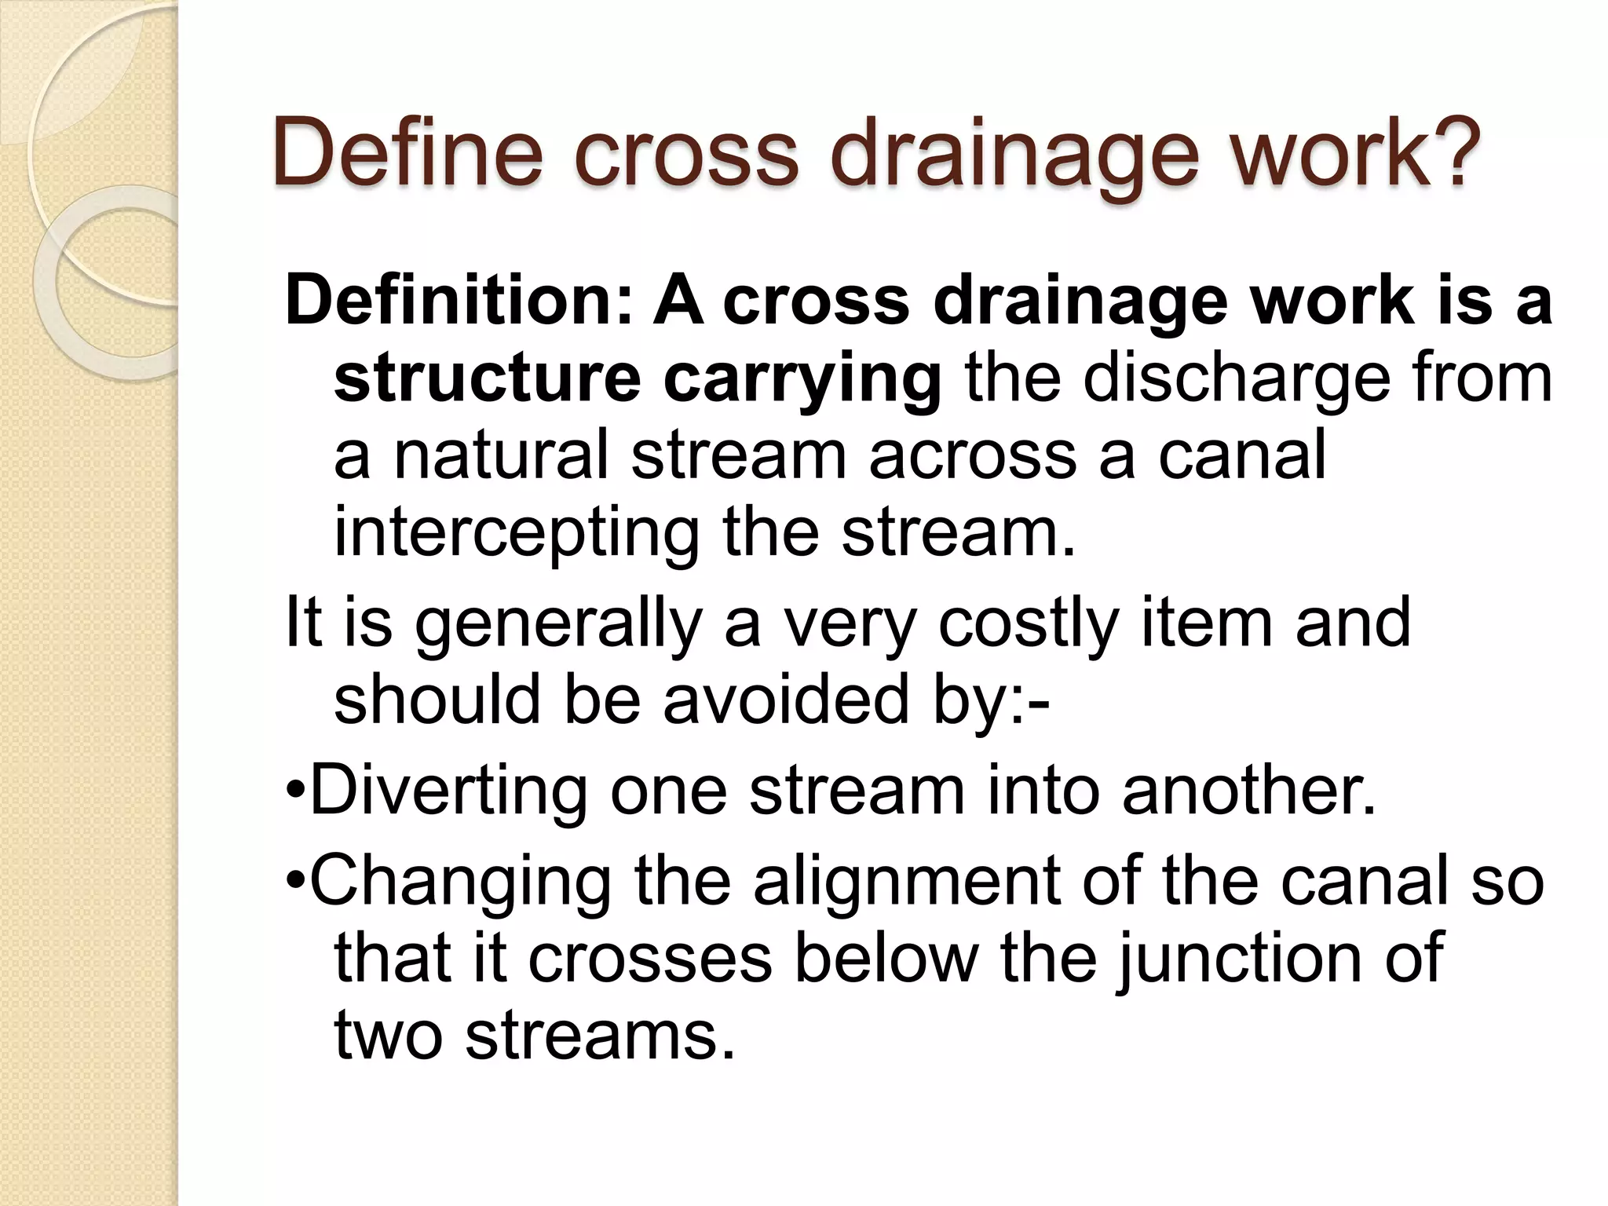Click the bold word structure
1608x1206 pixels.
click(x=488, y=378)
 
